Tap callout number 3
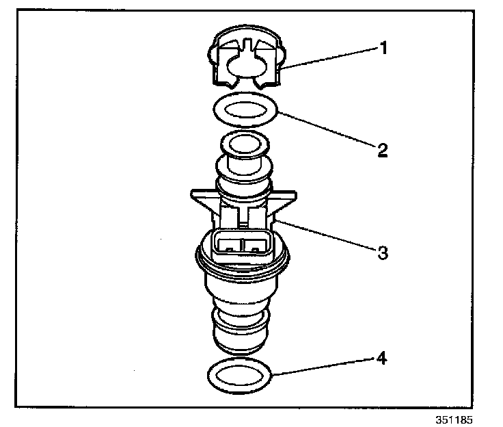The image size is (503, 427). click(383, 253)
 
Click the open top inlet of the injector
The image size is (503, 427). click(243, 146)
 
